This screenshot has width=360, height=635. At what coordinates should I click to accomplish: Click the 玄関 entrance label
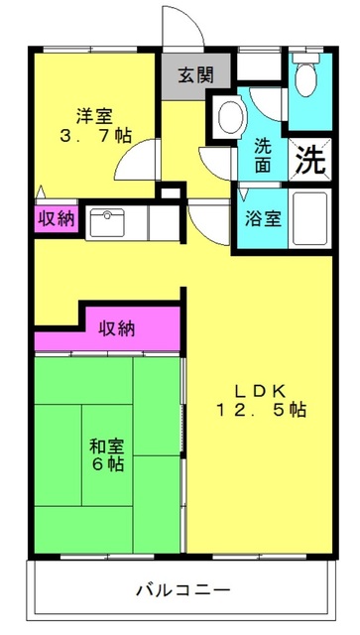pyautogui.click(x=196, y=75)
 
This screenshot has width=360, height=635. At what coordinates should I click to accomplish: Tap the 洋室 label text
pyautogui.click(x=95, y=117)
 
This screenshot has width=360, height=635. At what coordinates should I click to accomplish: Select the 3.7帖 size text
pyautogui.click(x=95, y=136)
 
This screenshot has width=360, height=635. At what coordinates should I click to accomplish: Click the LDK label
pyautogui.click(x=261, y=391)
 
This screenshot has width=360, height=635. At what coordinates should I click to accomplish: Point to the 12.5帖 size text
pyautogui.click(x=261, y=411)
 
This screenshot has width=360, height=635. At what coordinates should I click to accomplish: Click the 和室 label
pyautogui.click(x=107, y=446)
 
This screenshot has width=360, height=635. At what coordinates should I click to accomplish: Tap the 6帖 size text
pyautogui.click(x=107, y=464)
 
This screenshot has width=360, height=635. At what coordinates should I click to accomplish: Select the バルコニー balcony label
pyautogui.click(x=183, y=589)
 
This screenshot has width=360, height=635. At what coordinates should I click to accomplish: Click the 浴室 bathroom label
pyautogui.click(x=263, y=219)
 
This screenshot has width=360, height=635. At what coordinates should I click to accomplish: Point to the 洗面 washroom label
pyautogui.click(x=263, y=156)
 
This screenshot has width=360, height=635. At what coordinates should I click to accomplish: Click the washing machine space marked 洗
pyautogui.click(x=309, y=159)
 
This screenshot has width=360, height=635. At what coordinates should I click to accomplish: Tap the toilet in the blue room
pyautogui.click(x=306, y=75)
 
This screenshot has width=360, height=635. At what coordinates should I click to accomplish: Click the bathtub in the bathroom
pyautogui.click(x=309, y=218)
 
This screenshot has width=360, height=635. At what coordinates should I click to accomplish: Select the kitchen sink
pyautogui.click(x=107, y=222)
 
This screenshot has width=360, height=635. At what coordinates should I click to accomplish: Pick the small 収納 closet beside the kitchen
pyautogui.click(x=57, y=219)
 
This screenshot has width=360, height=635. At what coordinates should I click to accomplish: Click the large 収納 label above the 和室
pyautogui.click(x=117, y=329)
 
